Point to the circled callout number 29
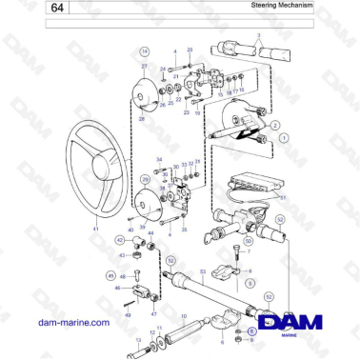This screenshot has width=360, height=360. pyautogui.click(x=145, y=179)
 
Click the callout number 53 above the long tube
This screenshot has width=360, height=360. pyautogui.click(x=202, y=271)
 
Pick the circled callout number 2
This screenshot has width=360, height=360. pyautogui.click(x=275, y=125)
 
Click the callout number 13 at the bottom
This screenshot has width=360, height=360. pyautogui.click(x=137, y=338)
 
